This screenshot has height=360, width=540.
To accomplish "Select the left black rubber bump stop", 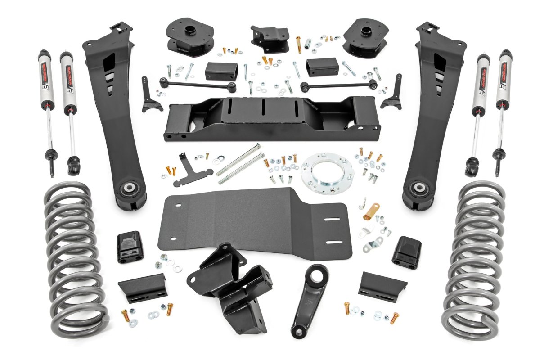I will (130, 247).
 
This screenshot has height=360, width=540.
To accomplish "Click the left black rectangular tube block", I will (221, 71).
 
